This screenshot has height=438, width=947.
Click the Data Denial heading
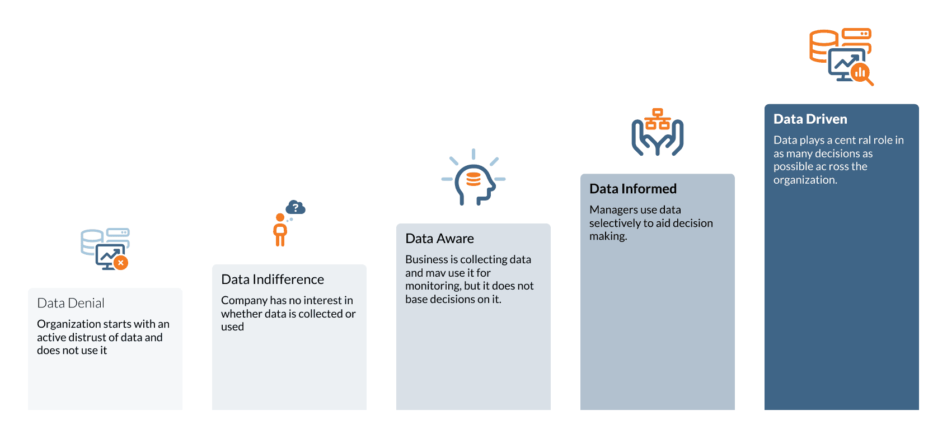point(71,303)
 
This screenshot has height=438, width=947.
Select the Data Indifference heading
point(272,279)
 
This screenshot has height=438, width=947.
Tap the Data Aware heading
point(439,239)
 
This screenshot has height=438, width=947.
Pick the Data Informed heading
point(632,189)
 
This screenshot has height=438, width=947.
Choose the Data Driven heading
point(810,119)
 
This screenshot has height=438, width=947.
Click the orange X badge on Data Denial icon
point(120,262)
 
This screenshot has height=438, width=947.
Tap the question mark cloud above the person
point(296,208)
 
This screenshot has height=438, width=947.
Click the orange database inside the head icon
point(473,179)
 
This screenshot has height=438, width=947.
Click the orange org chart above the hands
point(658,119)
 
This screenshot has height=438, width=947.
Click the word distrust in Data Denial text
point(93,337)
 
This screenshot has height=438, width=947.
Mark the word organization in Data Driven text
point(805,180)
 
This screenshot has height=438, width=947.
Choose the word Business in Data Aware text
point(426,259)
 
